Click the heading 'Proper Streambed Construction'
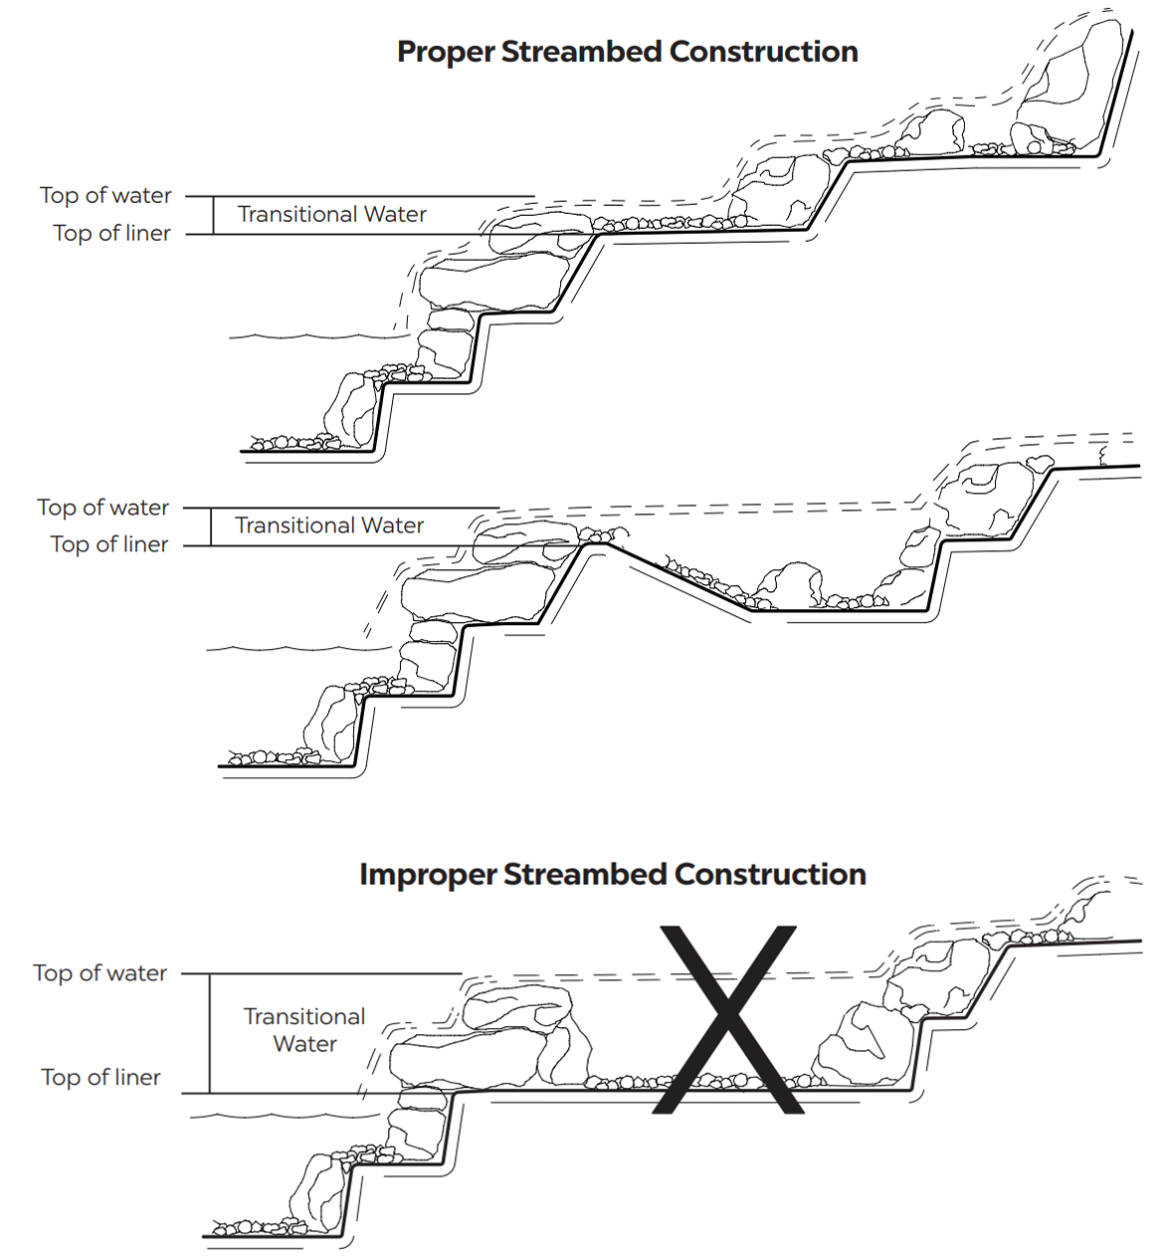(627, 52)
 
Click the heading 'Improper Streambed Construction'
(612, 875)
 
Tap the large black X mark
(728, 1018)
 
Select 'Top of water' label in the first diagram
(105, 196)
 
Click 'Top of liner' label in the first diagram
(111, 234)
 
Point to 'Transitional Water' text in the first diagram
(331, 215)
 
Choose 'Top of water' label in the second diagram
(103, 508)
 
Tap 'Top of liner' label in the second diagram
(109, 545)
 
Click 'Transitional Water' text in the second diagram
(329, 525)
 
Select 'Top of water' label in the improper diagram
(99, 973)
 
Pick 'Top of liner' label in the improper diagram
(100, 1078)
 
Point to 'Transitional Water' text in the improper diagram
(304, 1030)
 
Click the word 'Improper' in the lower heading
(427, 875)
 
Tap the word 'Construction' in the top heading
(763, 52)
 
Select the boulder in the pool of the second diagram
(788, 584)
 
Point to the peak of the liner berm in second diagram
(595, 543)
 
